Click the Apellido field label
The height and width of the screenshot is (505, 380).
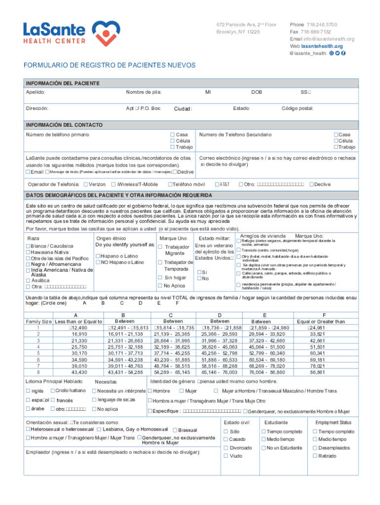pos(36,92)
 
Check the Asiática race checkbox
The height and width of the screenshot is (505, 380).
pos(28,280)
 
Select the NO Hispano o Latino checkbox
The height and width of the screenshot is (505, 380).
pos(98,262)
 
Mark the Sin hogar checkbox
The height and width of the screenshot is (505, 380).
pos(160,278)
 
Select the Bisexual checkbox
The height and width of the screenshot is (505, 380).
pos(174,430)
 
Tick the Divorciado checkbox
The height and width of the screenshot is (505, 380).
pos(226,448)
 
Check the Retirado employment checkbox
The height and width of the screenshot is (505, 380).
pos(314,456)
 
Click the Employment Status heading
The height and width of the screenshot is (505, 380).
pos(333,422)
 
